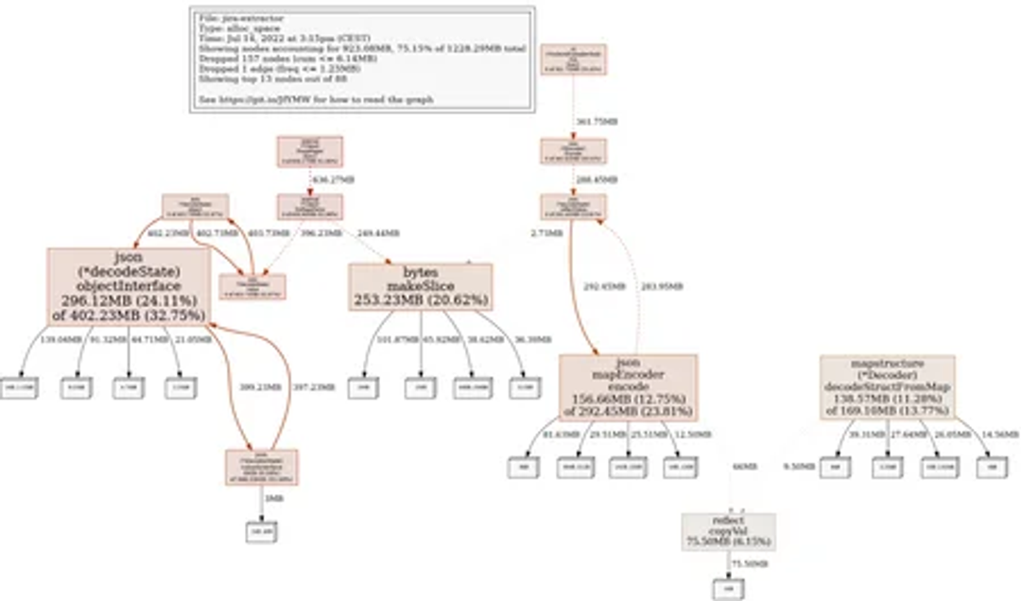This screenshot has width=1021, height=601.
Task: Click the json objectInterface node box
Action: tap(129, 285)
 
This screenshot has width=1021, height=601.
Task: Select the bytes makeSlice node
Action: tap(421, 286)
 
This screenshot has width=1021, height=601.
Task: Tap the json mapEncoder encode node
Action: tap(628, 387)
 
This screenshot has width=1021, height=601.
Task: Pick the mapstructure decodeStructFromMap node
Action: tap(887, 387)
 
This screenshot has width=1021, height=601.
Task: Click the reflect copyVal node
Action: tap(729, 532)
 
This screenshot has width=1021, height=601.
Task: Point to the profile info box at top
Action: tap(362, 59)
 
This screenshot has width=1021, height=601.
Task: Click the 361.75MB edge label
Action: tap(597, 121)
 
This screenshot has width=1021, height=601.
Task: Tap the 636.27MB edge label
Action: tap(333, 179)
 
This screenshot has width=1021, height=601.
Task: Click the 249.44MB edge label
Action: tap(378, 232)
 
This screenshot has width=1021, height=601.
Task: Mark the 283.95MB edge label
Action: tap(663, 285)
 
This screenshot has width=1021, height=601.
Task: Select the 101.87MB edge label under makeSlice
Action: tap(397, 339)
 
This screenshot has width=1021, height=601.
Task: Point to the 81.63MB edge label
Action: tap(562, 434)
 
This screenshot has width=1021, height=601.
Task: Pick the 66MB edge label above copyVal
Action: tap(744, 466)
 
